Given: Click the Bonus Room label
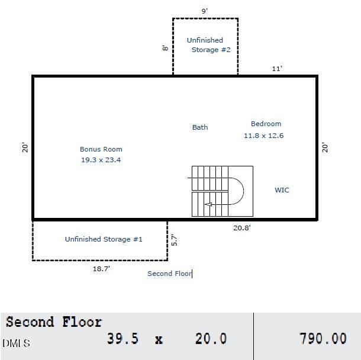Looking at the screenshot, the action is coord(101,149).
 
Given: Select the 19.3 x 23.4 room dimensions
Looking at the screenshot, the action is coord(101,160).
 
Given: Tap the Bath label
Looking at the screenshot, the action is coord(200,127).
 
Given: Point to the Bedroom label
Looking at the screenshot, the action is coord(266,124).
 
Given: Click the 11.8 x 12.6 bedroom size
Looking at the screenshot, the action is coord(263,136).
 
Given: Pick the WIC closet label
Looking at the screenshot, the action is coord(282,190).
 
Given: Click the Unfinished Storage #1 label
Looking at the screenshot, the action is coord(104,239).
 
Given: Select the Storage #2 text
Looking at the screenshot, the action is coord(211,50).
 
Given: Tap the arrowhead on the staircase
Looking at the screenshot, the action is coord(208,204).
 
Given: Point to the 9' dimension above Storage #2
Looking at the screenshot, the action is coord(204,11).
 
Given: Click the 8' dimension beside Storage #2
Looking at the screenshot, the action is coord(165,48).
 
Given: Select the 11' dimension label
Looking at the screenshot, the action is coord(277,69).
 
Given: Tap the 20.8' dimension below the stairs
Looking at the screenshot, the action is coord(241,228).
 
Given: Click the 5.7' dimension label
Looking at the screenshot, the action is coord(174,240).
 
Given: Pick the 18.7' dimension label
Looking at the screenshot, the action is coord(101,269).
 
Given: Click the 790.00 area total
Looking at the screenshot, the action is coord(323,338).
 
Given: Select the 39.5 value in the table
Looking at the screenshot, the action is coord(123,339).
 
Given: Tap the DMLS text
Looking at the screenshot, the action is coord(16,343).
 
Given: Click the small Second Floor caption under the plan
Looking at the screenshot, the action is coord(169,274).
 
